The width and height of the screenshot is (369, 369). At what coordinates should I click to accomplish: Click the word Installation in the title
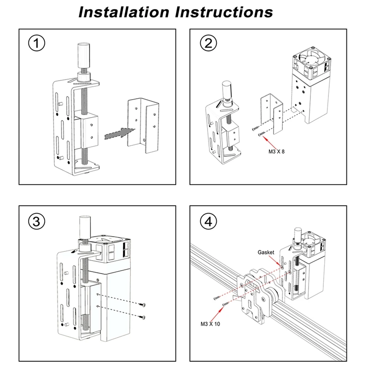tap(123, 12)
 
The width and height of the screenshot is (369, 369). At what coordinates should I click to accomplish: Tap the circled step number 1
tap(37, 44)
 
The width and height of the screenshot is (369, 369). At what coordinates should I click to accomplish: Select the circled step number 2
tap(208, 44)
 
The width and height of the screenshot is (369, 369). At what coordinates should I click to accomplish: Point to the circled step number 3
tap(37, 221)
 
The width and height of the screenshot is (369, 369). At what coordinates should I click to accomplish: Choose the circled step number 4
tap(208, 221)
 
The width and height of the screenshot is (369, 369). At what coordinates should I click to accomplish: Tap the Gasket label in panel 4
tap(266, 253)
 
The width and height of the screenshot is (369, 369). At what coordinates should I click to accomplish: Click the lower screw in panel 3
tap(143, 316)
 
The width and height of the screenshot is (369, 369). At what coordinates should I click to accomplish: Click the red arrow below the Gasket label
tap(278, 262)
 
